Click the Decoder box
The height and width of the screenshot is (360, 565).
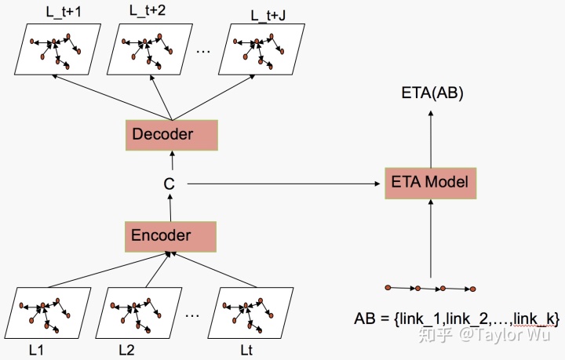click(162, 134)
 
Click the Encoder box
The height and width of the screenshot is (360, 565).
click(161, 235)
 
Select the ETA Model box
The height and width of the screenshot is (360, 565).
click(429, 183)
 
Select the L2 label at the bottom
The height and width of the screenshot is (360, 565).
click(128, 347)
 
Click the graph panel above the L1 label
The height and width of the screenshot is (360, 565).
click(54, 311)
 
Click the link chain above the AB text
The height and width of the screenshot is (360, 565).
click(430, 288)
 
